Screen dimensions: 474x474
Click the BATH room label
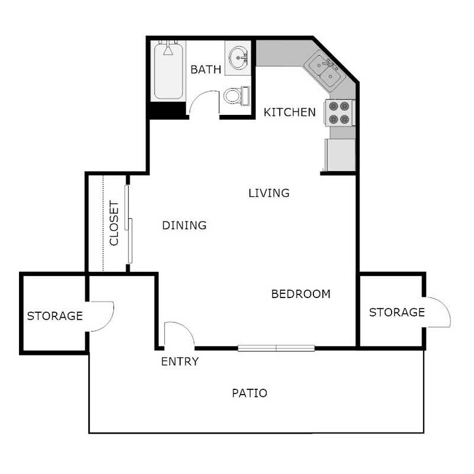point(206,70)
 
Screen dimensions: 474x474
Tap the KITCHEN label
point(290,112)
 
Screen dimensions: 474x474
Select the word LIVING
point(269,193)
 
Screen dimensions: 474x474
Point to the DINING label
point(184,225)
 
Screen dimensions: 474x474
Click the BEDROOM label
point(300,294)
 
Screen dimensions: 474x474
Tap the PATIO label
point(249,393)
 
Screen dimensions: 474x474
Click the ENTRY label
point(180,361)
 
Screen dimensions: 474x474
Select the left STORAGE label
point(55,316)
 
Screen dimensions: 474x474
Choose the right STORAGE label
point(397,312)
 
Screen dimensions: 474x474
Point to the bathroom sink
point(240,58)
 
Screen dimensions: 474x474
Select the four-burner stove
point(340,113)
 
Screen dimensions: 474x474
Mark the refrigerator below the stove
point(340,155)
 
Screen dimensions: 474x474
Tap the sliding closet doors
point(129,223)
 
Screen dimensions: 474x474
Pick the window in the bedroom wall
point(276,348)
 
